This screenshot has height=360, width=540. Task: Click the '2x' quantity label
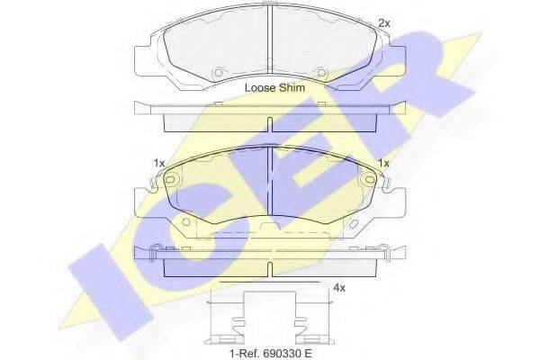(x=384, y=23)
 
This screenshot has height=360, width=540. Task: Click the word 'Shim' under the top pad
(x=292, y=87)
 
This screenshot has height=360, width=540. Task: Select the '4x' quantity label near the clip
(x=339, y=287)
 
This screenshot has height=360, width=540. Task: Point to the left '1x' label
(x=159, y=163)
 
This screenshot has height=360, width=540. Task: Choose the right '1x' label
(x=383, y=163)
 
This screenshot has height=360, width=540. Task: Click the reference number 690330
(x=281, y=353)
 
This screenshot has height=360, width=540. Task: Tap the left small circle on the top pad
(x=218, y=73)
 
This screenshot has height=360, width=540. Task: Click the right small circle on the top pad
(x=321, y=73)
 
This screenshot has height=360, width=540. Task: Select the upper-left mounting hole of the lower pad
(x=170, y=179)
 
